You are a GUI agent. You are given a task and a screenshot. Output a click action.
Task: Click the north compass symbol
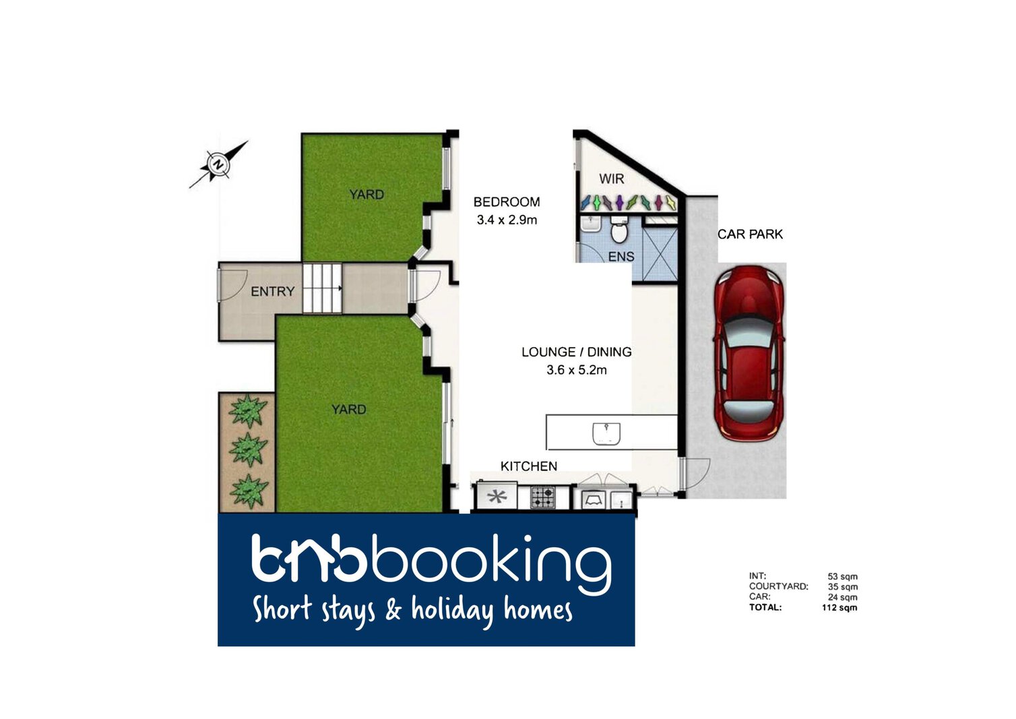pos(218,164)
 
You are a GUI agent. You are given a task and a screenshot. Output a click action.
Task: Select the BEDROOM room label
pos(507,202)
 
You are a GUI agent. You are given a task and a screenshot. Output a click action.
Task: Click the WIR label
pos(611,179)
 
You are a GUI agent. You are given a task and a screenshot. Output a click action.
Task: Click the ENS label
pos(621,257)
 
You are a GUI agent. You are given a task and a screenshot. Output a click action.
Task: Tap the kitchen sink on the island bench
pos(606,433)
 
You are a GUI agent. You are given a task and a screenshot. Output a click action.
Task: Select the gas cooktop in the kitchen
pos(542,497)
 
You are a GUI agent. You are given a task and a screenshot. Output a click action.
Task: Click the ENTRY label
pos(273,291)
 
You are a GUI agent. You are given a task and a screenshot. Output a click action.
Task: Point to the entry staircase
pos(322,288)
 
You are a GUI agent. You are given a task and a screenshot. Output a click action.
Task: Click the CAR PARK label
pos(750,234)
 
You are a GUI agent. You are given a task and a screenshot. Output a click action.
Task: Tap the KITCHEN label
pos(529,466)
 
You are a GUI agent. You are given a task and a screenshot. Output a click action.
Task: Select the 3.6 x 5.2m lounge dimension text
pos(577,370)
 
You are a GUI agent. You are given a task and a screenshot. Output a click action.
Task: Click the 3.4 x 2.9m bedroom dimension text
pos(507,220)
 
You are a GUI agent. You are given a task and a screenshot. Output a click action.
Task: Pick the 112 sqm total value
pos(839,607)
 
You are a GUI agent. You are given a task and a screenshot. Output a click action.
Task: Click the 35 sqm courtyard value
pos(843,586)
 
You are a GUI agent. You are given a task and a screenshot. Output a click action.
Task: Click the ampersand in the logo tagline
pos(393,608)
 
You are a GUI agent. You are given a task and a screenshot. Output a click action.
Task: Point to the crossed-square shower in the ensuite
pos(660,254)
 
